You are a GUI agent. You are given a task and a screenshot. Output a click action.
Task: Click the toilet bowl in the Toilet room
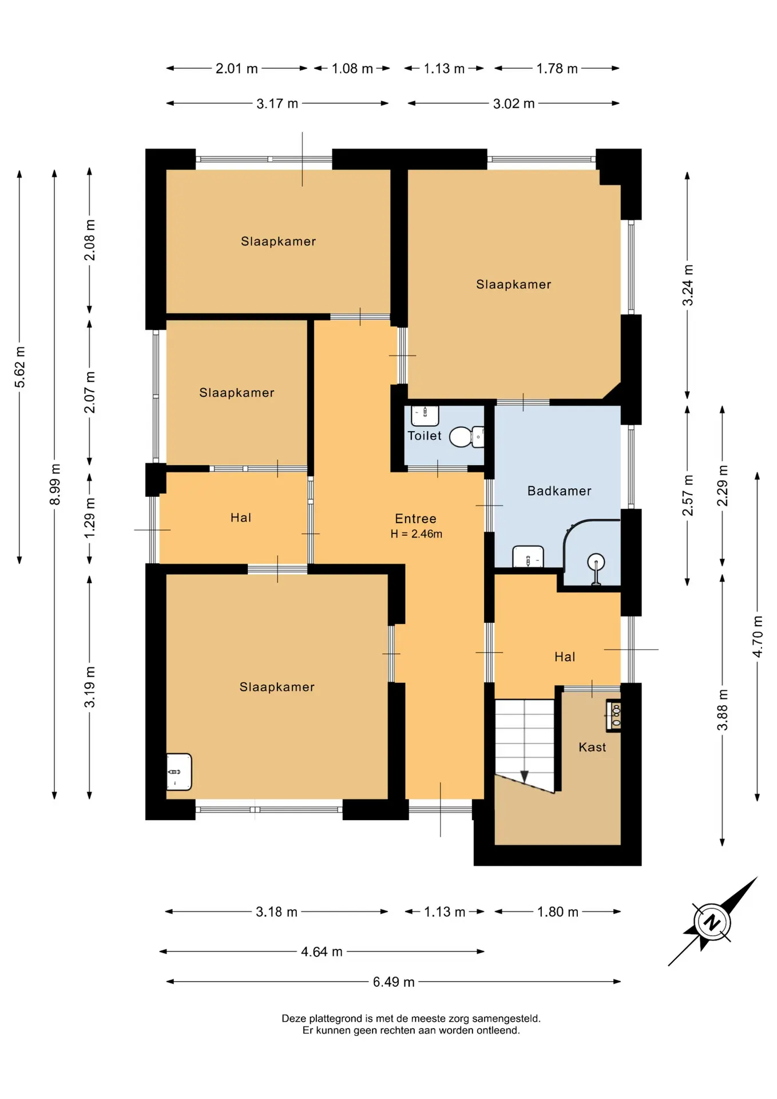(466, 437)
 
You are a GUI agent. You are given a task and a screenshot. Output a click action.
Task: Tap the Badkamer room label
(559, 491)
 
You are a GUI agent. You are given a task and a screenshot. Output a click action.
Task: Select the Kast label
(592, 747)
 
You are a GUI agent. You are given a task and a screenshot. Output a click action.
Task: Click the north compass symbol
(712, 922)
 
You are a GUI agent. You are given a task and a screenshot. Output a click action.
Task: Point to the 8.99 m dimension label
(55, 484)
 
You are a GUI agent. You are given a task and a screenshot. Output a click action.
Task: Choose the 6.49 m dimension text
(394, 982)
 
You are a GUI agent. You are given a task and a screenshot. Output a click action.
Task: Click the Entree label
(415, 519)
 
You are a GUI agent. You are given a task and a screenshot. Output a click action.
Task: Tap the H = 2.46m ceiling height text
(416, 534)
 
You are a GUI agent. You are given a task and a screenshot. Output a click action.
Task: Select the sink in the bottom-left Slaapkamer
(179, 772)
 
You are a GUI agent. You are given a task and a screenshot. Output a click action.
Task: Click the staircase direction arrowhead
(524, 777)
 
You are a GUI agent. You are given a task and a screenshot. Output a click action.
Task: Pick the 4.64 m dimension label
(322, 951)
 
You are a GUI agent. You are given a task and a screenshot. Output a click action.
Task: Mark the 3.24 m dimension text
(688, 285)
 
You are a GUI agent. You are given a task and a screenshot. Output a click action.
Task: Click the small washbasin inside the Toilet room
(425, 416)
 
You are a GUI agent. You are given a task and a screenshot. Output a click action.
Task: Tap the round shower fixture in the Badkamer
(596, 568)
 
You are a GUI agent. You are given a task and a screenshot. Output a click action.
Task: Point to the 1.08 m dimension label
(352, 69)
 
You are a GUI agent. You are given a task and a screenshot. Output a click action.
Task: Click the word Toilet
(424, 436)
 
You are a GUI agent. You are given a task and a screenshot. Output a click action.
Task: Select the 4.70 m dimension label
(758, 637)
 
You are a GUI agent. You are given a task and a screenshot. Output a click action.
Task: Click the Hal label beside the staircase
(564, 657)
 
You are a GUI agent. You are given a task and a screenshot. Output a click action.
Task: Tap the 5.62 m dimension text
(20, 366)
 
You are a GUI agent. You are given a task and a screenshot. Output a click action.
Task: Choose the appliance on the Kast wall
(613, 715)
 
